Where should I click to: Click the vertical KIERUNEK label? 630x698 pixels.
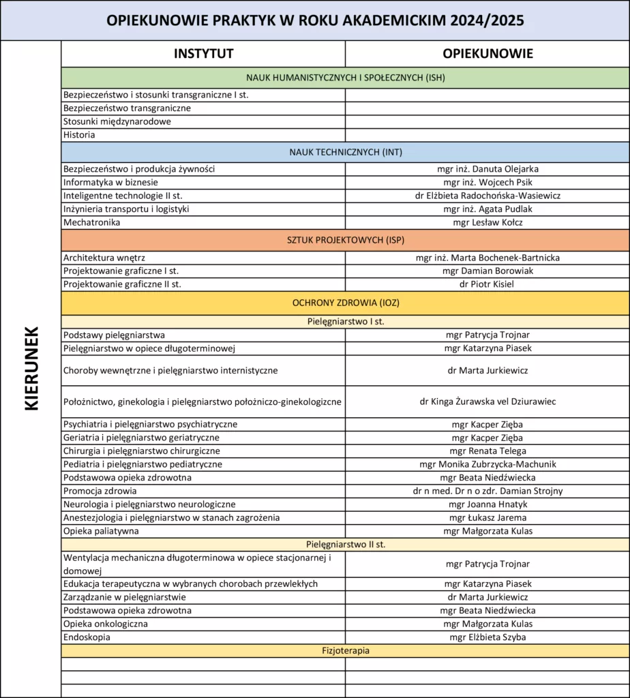click(x=31, y=368)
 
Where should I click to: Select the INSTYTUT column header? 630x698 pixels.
click(x=203, y=54)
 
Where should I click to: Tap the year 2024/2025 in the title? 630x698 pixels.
click(x=486, y=20)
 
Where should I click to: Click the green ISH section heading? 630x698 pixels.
click(x=345, y=77)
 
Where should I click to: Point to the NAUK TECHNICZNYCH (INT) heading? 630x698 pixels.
click(x=345, y=151)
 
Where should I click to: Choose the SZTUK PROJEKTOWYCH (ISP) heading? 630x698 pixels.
click(x=345, y=240)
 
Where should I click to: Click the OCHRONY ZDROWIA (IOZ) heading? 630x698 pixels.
click(x=345, y=303)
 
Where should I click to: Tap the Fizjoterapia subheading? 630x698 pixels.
click(x=345, y=650)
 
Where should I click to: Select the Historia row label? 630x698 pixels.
click(x=79, y=135)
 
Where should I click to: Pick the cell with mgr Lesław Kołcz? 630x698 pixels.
click(x=487, y=222)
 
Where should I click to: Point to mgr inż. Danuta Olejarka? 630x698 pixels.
click(x=487, y=169)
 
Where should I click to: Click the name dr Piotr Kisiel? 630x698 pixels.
click(x=487, y=284)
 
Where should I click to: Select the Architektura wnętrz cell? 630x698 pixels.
click(x=104, y=258)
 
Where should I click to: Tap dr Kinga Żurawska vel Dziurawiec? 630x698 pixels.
click(x=487, y=401)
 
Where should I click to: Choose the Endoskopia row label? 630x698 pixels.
click(x=87, y=637)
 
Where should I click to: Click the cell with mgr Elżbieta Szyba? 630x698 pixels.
click(x=487, y=637)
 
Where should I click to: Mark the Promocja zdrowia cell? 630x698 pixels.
click(x=100, y=491)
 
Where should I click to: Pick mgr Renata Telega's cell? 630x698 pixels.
click(x=487, y=451)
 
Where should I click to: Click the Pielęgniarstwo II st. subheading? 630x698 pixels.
click(x=345, y=544)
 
